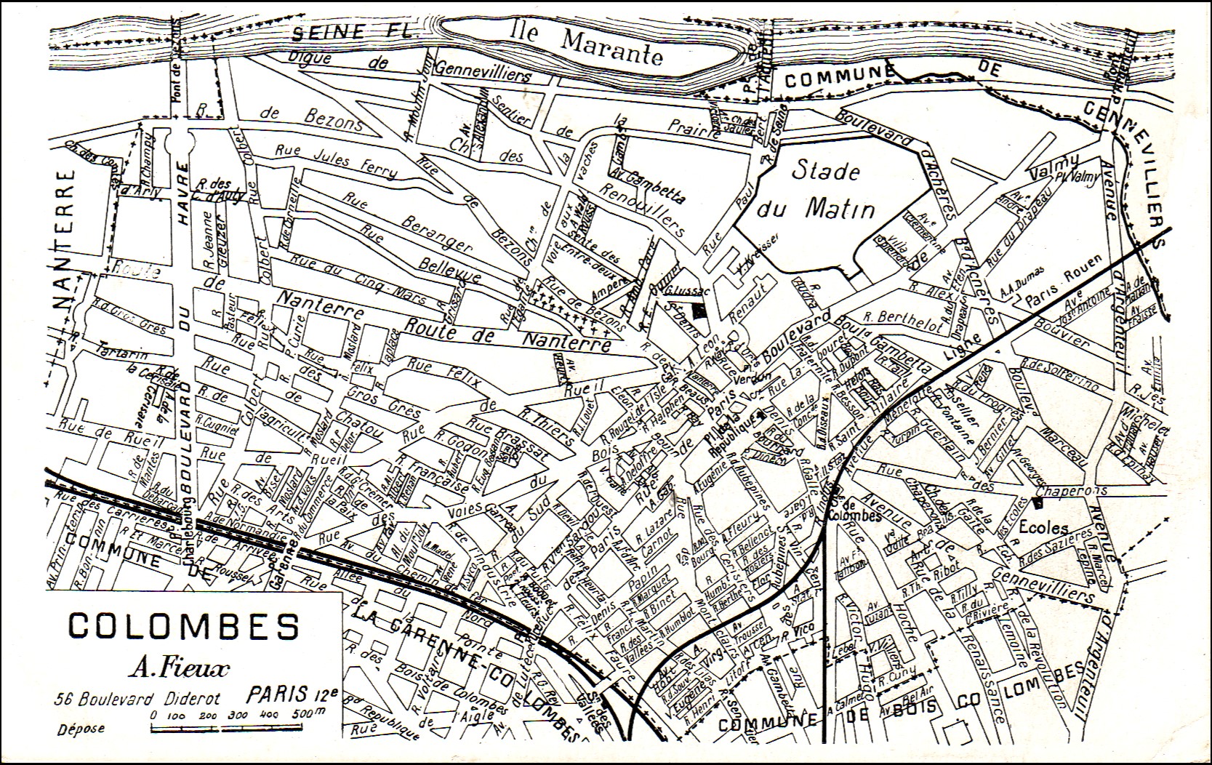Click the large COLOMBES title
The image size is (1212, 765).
(183, 625)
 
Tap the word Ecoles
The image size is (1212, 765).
(1043, 527)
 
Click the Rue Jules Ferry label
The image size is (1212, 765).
(336, 161)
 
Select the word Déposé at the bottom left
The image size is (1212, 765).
(81, 728)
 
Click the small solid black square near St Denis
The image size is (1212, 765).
(699, 311)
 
